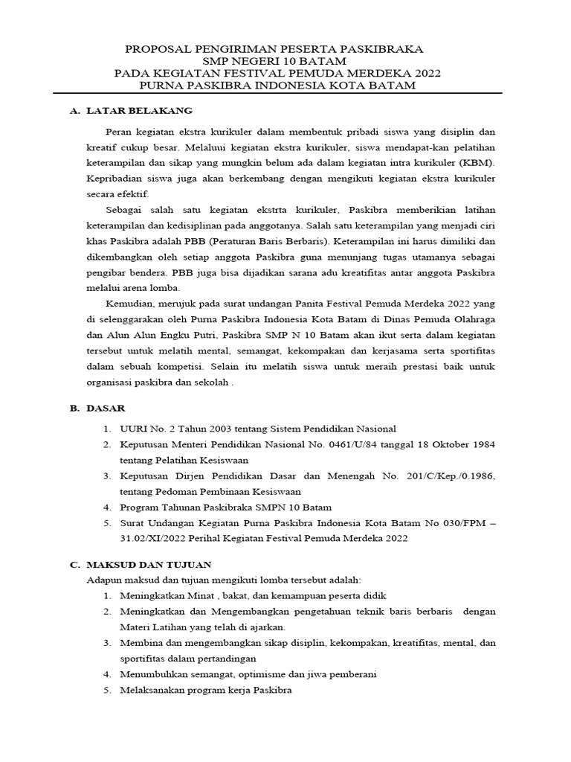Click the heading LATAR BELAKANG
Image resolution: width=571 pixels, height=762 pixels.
(x=140, y=111)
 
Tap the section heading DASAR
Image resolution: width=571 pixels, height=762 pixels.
(x=106, y=408)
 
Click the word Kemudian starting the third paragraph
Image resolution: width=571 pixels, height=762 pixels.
(x=131, y=304)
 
